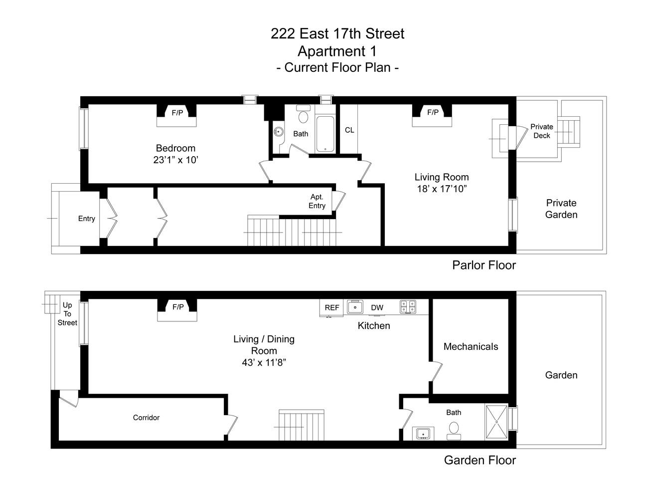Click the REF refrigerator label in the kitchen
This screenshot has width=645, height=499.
tap(332, 307)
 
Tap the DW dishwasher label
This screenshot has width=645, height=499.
tap(377, 307)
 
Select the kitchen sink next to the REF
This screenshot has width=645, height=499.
tap(355, 307)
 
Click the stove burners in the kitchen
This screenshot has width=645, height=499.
tap(406, 306)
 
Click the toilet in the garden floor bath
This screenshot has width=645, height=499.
tap(454, 430)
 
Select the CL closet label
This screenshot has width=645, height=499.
tap(349, 130)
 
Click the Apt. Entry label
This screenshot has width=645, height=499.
tap(317, 201)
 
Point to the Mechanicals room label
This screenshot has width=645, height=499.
tap(471, 346)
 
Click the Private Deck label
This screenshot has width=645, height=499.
tap(542, 131)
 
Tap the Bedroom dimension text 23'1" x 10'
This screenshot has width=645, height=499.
tap(176, 160)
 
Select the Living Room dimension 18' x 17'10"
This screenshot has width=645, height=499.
tap(442, 189)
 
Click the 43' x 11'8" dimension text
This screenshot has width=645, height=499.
tap(264, 363)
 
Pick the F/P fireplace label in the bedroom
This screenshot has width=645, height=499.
tap(177, 113)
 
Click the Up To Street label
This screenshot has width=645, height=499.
tap(67, 314)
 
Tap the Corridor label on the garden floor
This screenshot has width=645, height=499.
tap(146, 417)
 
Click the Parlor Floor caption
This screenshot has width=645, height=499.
tap(484, 264)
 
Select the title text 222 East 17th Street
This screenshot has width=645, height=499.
tap(337, 33)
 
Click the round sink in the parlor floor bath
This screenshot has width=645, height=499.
tap(278, 132)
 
